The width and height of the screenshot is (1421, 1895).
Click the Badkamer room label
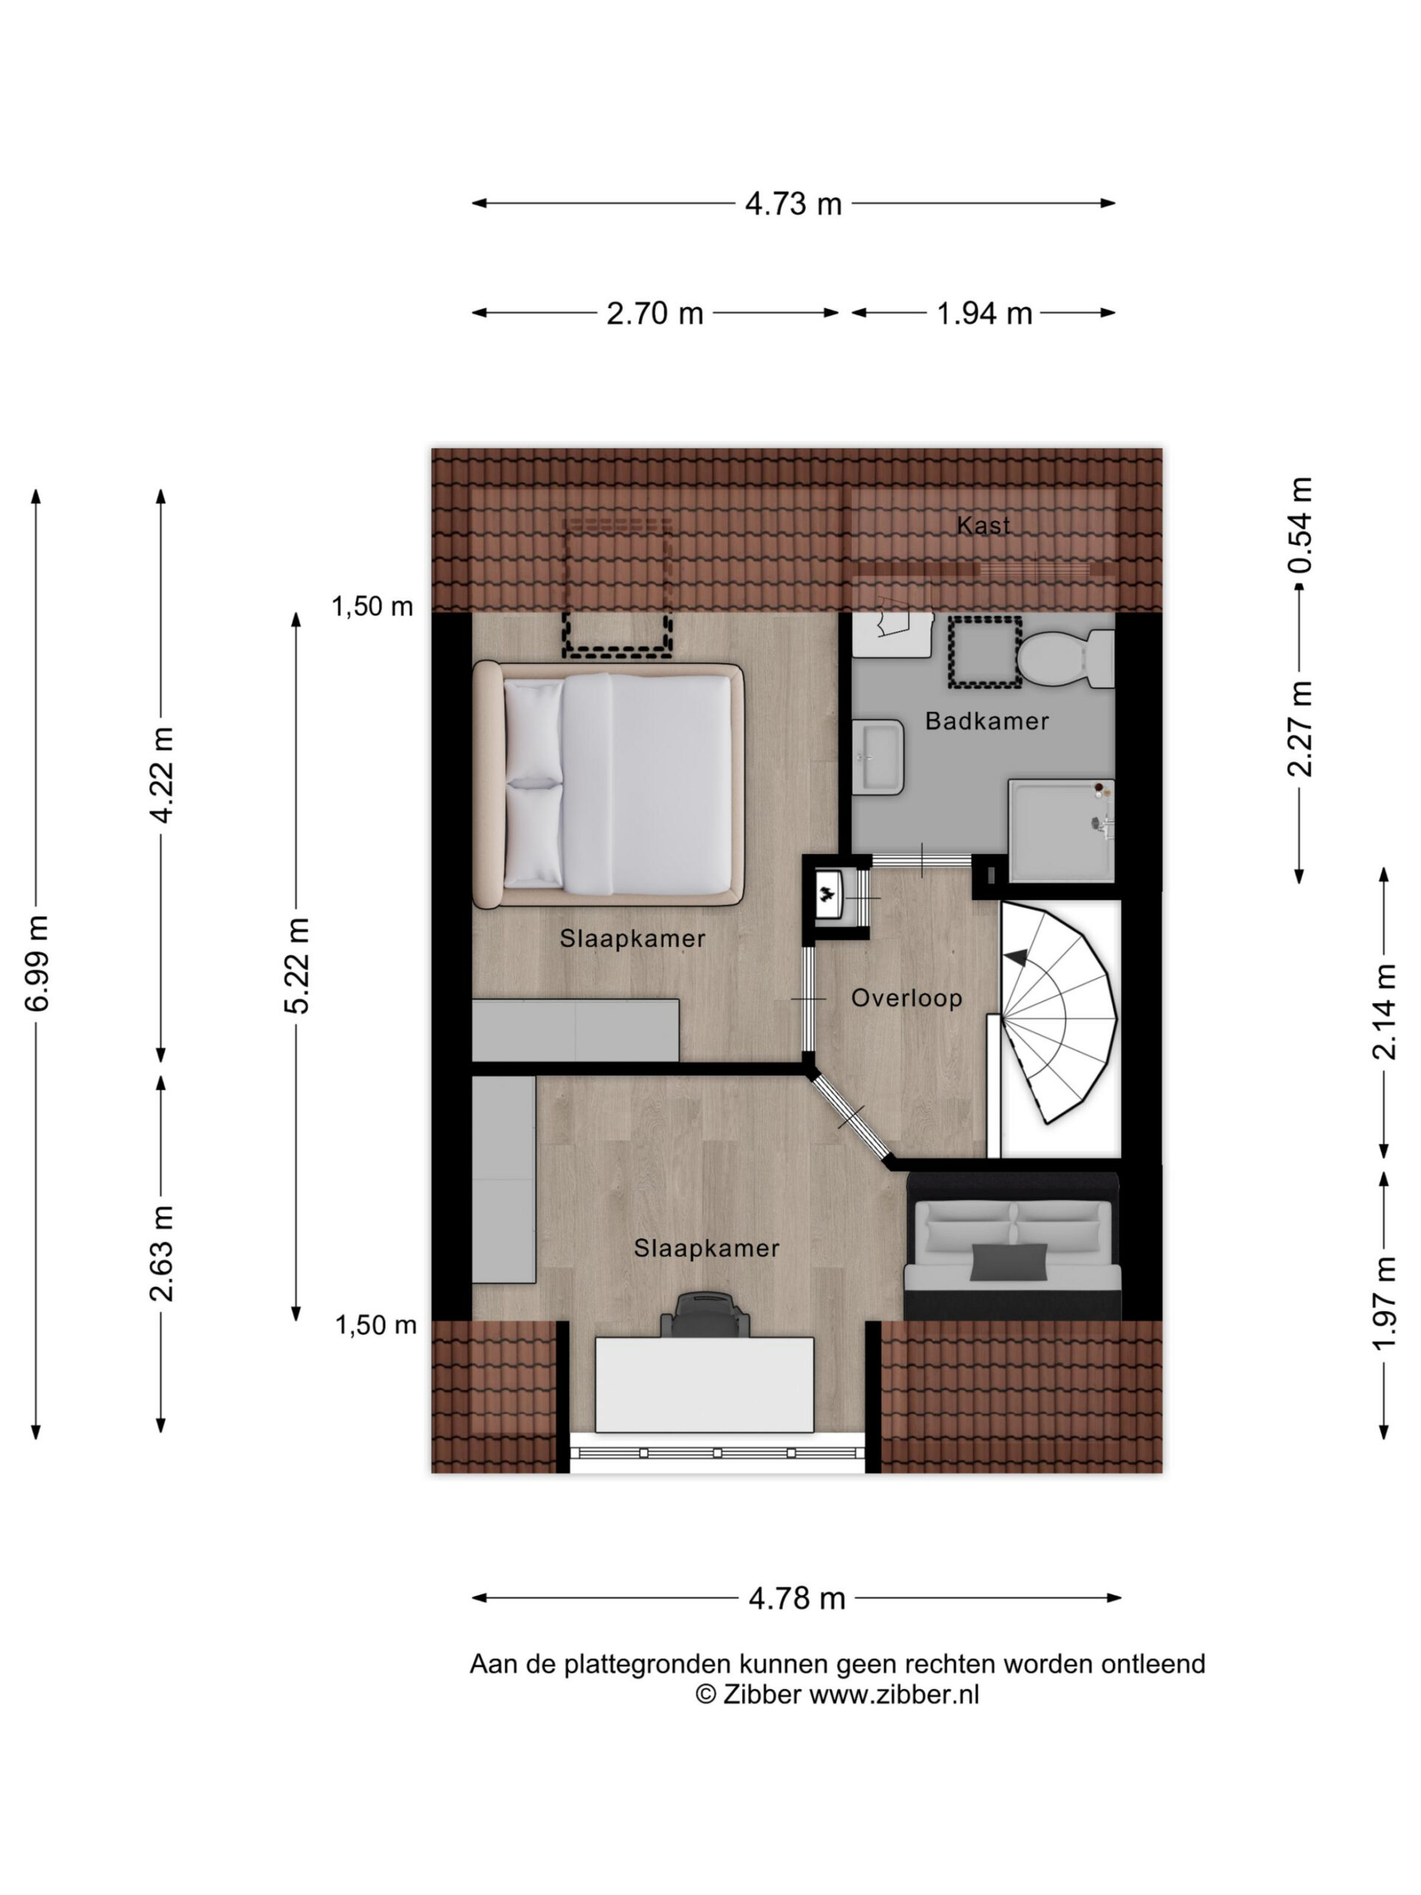coord(987,721)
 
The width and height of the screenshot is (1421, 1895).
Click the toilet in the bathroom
coord(1066,660)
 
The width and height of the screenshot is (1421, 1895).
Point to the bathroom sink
coord(878,757)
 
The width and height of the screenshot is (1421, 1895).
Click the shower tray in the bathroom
coord(1061,830)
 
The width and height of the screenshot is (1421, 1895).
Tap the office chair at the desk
coord(705,1315)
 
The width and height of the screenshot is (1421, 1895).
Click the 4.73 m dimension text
coord(793,204)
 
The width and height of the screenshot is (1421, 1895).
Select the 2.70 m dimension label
coord(654,314)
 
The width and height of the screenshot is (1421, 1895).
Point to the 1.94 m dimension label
coord(984,314)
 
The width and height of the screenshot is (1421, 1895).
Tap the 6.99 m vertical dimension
coord(37,963)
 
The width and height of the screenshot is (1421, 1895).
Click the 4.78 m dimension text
coord(796,1599)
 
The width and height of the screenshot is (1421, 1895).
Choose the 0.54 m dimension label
coord(1300,524)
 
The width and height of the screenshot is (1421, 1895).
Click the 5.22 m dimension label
coord(296,965)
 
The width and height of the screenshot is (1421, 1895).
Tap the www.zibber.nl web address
coord(894,1695)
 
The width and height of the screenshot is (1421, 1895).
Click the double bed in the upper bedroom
coord(608,785)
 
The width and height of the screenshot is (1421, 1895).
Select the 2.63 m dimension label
coord(161,1252)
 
